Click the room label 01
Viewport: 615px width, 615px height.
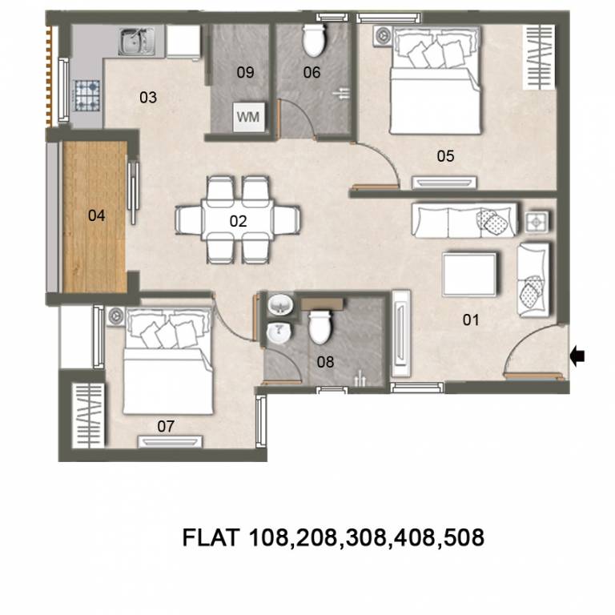tap(470, 320)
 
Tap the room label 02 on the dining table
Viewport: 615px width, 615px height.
tap(238, 222)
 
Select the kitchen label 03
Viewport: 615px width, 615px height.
tap(148, 98)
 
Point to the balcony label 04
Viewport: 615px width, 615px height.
tap(96, 215)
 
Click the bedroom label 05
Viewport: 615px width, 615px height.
tap(445, 156)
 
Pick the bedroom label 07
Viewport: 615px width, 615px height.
tap(166, 426)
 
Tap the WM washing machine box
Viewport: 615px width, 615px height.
tap(247, 117)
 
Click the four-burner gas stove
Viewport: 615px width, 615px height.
tap(86, 94)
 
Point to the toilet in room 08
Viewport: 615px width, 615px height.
tap(320, 324)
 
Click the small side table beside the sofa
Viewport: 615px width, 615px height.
tap(538, 219)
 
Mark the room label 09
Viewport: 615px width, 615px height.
tap(245, 72)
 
